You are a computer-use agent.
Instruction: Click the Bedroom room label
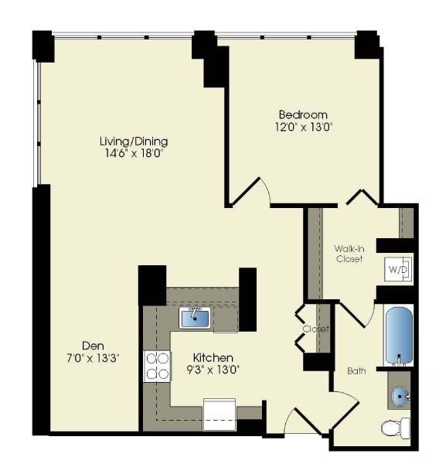coord(303,114)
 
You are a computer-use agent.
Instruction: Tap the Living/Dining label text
coord(134,142)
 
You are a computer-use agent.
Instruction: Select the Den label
coord(94,345)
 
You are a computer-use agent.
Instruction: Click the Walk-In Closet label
coord(349,254)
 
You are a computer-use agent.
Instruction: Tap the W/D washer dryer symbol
coord(398,271)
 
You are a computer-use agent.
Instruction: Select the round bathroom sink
coord(401,397)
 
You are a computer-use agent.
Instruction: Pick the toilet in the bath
coord(396,426)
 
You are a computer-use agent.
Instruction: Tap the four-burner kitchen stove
coord(157,365)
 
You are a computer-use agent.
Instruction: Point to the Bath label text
coord(356,371)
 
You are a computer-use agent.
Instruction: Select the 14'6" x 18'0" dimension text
coord(134,153)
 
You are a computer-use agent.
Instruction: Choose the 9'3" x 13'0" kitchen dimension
coord(213,370)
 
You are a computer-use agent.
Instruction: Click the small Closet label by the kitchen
coord(316,329)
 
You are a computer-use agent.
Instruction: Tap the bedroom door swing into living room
coord(252,190)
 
